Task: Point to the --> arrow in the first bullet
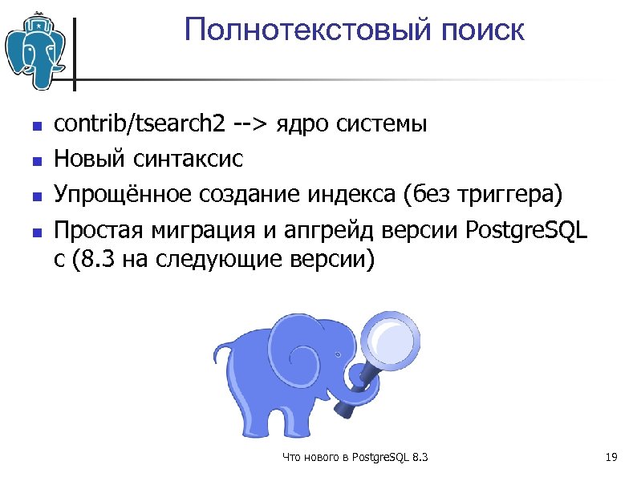point(250,125)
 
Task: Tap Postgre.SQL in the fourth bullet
point(526,231)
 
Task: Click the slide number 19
point(611,458)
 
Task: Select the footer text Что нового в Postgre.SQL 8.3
point(355,458)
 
